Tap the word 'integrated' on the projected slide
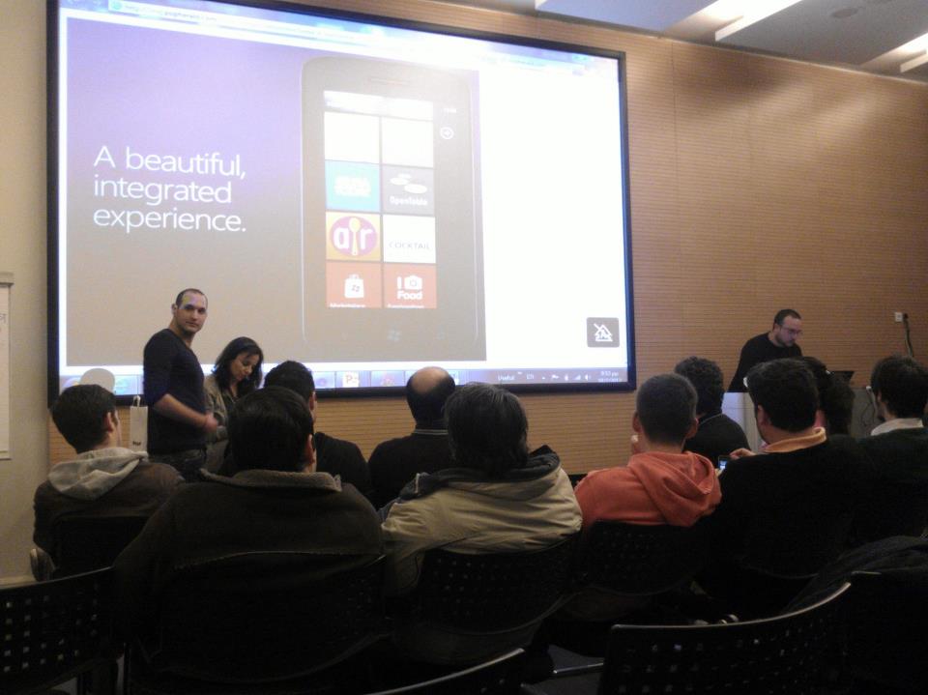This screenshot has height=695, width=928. tap(162, 189)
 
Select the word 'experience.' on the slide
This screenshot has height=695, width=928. tap(168, 219)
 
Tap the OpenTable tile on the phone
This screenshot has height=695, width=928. tap(408, 188)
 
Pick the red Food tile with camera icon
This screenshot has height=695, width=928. tap(409, 287)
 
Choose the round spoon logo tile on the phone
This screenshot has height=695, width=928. tap(353, 237)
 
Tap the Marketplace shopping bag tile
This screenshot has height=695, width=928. tap(353, 286)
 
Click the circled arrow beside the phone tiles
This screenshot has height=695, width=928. tap(447, 132)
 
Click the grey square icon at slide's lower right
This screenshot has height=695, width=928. tap(602, 332)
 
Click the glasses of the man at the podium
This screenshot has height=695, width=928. tap(789, 330)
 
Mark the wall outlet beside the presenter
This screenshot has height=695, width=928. tap(898, 317)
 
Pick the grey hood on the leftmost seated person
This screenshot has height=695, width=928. tap(96, 472)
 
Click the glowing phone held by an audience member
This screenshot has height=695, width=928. tap(723, 463)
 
